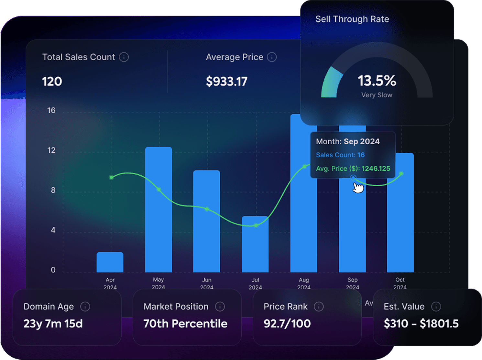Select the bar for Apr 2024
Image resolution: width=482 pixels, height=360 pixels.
pos(110,262)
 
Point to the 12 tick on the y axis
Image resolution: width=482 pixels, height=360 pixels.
pos(51,150)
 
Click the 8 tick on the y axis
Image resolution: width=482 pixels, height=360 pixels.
pos(53,190)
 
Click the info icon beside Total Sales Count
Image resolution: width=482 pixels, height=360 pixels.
pos(124,57)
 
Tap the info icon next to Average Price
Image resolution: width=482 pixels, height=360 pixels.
pos(272,57)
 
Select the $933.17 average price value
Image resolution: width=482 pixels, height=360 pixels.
pos(226,82)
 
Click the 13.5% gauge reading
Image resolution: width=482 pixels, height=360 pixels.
pos(377,81)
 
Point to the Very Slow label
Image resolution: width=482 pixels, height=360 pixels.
pos(377,95)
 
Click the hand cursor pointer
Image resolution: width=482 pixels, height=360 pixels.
pos(358,188)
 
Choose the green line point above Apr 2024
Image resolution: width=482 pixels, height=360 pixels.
pos(111,177)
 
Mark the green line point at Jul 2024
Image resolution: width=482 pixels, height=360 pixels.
pos(256,225)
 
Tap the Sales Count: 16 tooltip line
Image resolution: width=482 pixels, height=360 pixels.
pos(340,155)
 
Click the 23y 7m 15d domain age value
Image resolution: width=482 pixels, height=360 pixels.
pos(53,324)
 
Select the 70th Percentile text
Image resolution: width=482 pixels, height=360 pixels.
pos(185,324)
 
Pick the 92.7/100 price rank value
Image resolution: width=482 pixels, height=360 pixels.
pos(287,324)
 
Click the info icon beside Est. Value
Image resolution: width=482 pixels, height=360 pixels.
pos(436,307)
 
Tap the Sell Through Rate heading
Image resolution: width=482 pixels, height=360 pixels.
pos(352,19)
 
